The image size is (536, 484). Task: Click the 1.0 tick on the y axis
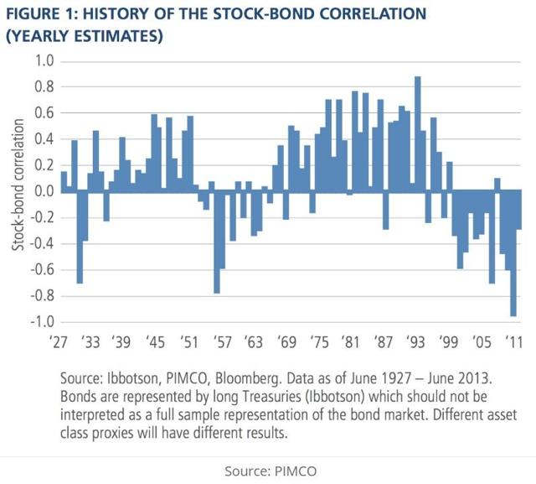tap(41, 61)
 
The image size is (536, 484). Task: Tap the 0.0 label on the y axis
tap(41, 191)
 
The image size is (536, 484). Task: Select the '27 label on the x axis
tap(60, 342)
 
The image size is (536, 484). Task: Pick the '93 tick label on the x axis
tap(416, 342)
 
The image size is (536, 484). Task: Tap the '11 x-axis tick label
tap(512, 342)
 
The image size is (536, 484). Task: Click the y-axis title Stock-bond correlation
tap(16, 191)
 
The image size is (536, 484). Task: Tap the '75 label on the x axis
tap(319, 342)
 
